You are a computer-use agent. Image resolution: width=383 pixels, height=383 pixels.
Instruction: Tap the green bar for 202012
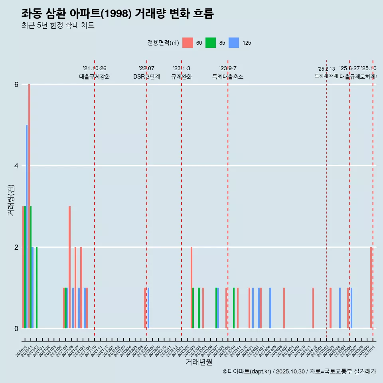(x=37, y=288)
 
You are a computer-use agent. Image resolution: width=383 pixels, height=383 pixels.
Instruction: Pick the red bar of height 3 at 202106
(x=69, y=267)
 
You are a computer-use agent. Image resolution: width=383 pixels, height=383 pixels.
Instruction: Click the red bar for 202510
(x=371, y=288)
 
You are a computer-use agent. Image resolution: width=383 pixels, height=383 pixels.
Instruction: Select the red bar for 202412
(x=313, y=308)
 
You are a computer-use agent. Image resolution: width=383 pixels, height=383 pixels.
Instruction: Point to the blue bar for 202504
(x=340, y=308)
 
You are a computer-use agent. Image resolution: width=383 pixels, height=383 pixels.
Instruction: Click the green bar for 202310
(x=234, y=308)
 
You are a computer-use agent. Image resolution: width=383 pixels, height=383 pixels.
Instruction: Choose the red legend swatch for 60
(x=188, y=43)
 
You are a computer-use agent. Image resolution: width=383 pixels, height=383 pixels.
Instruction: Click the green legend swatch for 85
(x=211, y=43)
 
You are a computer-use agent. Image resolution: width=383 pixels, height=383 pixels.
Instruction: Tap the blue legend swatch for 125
(x=234, y=43)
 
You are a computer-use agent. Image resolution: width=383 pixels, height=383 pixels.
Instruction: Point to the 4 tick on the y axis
(x=16, y=166)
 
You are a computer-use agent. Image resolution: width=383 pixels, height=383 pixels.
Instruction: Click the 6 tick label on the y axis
(x=16, y=85)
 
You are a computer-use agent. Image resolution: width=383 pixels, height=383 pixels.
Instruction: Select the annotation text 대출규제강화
(x=95, y=77)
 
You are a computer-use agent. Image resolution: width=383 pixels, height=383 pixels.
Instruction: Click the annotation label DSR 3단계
(x=146, y=77)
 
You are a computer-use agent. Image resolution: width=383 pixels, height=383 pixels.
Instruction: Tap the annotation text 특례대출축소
(x=228, y=77)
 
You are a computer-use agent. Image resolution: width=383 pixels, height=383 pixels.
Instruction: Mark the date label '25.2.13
(x=326, y=69)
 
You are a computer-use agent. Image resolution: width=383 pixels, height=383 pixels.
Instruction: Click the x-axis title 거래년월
(x=199, y=362)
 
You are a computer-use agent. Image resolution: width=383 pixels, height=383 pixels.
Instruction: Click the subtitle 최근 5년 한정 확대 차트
(x=58, y=26)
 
